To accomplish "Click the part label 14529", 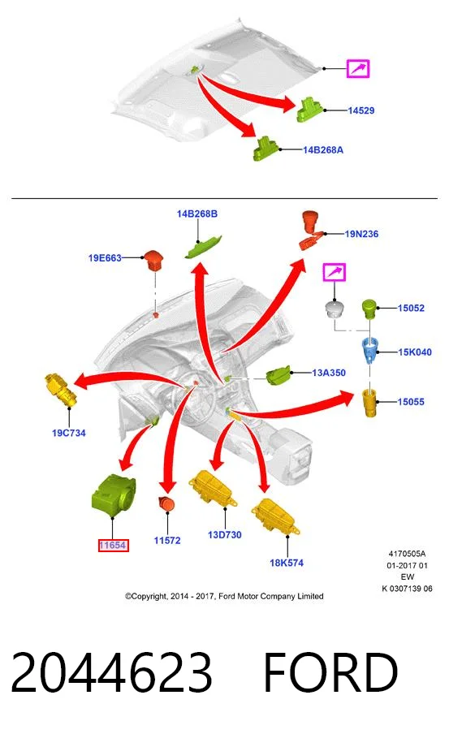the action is click(x=361, y=110).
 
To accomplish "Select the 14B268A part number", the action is click(x=323, y=149).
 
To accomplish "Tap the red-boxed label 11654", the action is click(x=113, y=546).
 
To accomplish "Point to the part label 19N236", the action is click(x=361, y=234).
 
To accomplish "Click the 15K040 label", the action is click(x=415, y=352).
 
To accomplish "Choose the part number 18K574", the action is click(x=287, y=563).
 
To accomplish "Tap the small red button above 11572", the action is click(x=166, y=504).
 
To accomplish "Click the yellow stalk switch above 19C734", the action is click(x=61, y=390).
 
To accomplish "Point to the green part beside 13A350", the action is click(x=278, y=374).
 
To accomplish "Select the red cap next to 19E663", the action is click(x=154, y=260).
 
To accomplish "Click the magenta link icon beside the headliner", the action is click(x=358, y=69).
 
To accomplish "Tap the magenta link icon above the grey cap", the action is click(x=335, y=272).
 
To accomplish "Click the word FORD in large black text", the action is click(x=330, y=672).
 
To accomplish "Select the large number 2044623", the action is click(x=111, y=672).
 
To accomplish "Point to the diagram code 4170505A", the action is click(x=407, y=554).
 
